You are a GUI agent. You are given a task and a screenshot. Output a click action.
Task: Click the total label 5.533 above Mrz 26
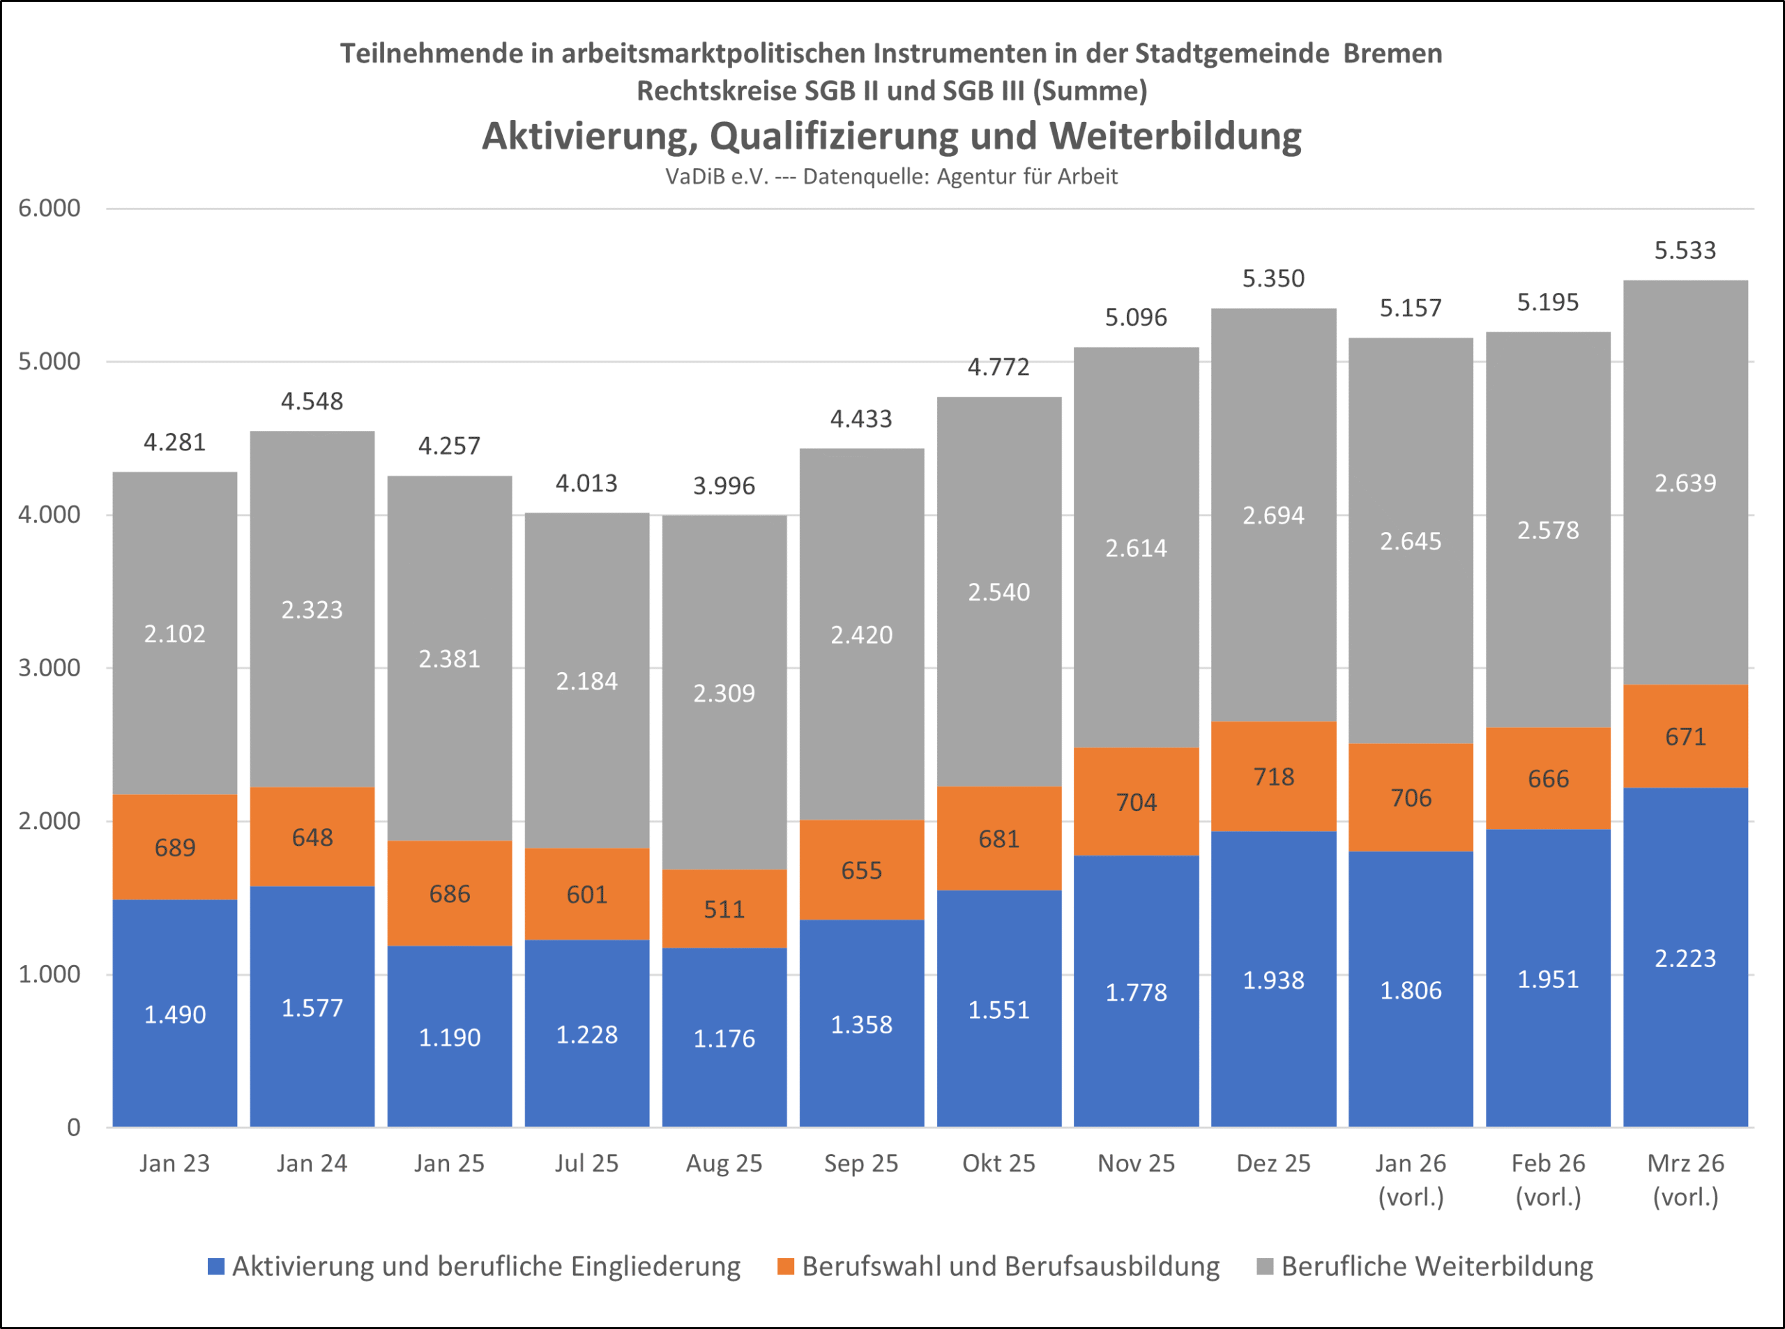click(1685, 251)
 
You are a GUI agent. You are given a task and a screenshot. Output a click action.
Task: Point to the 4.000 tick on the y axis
click(50, 515)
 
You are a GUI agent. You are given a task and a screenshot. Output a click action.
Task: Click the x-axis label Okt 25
click(998, 1163)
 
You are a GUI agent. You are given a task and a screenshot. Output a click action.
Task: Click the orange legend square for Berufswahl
click(786, 1266)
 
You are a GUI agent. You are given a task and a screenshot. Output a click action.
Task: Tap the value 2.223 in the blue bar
click(1685, 958)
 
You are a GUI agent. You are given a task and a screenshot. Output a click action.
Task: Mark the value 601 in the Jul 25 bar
click(586, 895)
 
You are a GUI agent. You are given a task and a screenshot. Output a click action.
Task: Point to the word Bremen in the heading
click(1392, 53)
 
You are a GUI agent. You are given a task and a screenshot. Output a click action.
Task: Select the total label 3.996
click(724, 486)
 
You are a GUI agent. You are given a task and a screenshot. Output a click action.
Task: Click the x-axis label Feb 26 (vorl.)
click(1548, 1179)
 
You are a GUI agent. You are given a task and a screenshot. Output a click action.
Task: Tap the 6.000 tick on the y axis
click(50, 208)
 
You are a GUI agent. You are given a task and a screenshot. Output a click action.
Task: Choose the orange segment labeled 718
click(1273, 776)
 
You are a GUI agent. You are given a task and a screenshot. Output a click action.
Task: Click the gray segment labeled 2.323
click(312, 610)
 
